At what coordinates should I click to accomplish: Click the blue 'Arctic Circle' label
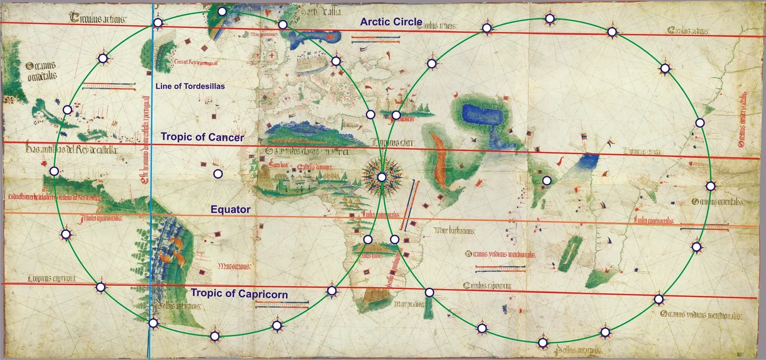(x=391, y=22)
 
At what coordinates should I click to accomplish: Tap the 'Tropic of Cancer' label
(x=202, y=137)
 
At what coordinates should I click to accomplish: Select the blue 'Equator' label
(x=230, y=209)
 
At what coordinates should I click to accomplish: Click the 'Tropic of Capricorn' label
(x=239, y=293)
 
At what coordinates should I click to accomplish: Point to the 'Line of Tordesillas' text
(x=190, y=86)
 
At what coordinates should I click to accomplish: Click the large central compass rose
(x=382, y=177)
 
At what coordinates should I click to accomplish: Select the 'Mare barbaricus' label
(x=454, y=231)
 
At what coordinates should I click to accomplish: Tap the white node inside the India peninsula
(x=546, y=180)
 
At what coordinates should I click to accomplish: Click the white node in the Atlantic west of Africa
(x=218, y=174)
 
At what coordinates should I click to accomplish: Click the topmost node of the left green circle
(x=221, y=11)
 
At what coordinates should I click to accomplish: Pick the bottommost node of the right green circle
(x=542, y=342)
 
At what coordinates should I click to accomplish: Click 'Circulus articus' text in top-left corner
(x=98, y=19)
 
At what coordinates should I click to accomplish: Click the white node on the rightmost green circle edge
(x=710, y=186)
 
